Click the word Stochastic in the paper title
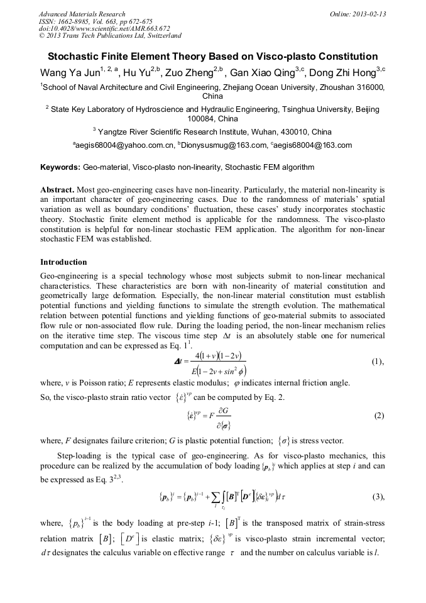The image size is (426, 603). (77, 57)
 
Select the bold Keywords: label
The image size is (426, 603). (60, 168)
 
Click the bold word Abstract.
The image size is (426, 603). (57, 189)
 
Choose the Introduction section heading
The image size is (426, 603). (63, 262)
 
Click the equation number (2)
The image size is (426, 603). (379, 416)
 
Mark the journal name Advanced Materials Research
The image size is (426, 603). (82, 14)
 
